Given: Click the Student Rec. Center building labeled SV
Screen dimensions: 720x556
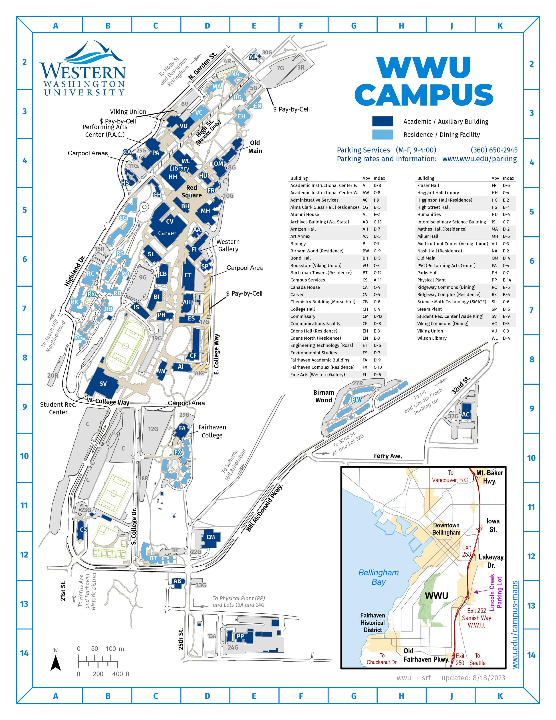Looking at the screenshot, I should click(103, 383).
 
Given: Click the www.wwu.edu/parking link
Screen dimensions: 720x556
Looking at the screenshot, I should click(479, 159).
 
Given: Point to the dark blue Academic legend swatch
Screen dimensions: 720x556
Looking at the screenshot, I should click(382, 121).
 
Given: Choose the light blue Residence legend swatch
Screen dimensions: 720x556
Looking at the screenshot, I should click(382, 134).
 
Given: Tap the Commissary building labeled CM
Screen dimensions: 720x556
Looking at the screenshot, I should click(210, 537).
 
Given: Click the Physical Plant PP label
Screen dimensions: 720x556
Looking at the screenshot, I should click(240, 636).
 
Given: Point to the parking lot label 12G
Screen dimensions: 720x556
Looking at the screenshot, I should click(153, 429).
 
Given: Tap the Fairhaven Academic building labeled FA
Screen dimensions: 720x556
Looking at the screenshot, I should click(182, 428).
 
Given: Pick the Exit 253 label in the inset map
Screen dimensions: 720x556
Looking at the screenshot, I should click(466, 551).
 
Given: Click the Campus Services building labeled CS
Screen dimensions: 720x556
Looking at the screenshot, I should click(83, 530).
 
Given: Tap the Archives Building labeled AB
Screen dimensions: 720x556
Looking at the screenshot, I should click(177, 581).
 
